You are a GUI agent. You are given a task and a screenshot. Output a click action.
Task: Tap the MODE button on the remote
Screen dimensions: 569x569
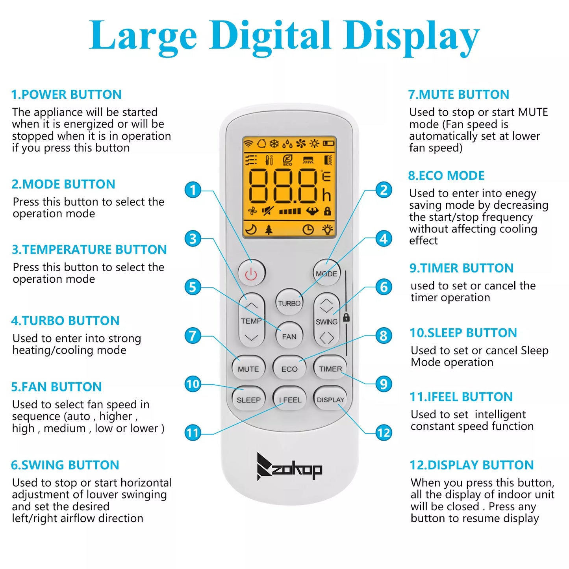[326, 273]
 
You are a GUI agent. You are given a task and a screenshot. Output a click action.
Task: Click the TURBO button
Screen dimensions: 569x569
[289, 303]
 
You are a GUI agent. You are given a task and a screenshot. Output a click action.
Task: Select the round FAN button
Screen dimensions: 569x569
[289, 336]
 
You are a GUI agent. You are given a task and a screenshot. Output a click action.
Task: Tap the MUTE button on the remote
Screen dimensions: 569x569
[248, 369]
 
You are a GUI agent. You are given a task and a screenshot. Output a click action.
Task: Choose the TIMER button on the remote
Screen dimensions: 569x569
[330, 368]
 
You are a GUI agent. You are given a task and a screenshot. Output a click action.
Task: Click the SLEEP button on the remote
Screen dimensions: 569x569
[248, 400]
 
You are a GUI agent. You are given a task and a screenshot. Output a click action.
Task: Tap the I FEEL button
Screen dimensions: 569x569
[289, 400]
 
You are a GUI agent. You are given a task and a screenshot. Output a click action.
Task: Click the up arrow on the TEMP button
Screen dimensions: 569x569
[251, 305]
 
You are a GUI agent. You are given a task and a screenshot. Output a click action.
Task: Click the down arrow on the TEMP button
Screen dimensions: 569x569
[251, 337]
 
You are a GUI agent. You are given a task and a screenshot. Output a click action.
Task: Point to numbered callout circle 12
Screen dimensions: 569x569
[384, 433]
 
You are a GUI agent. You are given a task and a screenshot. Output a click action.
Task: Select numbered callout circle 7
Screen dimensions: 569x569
[193, 336]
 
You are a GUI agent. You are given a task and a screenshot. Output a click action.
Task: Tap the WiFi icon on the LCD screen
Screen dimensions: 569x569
[248, 143]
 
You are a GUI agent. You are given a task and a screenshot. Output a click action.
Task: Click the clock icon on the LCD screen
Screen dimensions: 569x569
[308, 230]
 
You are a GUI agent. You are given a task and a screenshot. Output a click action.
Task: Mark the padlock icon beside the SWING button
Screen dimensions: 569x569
[347, 317]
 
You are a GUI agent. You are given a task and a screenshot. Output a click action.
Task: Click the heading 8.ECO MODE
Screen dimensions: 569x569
[446, 176]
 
